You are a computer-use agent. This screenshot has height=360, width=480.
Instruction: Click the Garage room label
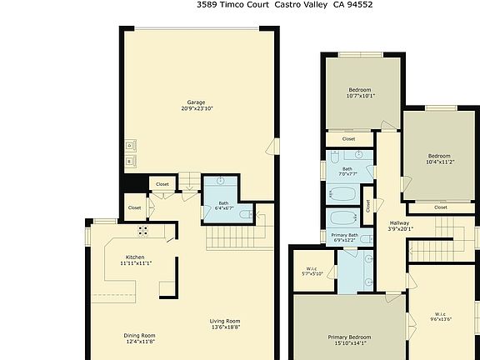click(195, 103)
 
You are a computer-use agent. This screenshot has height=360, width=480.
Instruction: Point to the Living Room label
click(224, 322)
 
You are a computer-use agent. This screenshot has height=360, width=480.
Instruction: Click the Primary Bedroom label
click(348, 337)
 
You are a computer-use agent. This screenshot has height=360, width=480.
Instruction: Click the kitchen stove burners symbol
click(142, 231)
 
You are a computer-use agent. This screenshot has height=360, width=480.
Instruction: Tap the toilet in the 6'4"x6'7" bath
click(246, 214)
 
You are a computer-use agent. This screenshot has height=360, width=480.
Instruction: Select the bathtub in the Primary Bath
click(342, 218)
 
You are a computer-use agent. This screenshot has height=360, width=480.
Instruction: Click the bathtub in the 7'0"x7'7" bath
click(342, 193)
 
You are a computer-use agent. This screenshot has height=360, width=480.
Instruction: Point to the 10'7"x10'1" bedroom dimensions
click(360, 95)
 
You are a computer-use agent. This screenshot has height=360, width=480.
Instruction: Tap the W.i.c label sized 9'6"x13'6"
click(440, 318)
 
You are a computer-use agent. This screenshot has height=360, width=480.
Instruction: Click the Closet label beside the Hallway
click(367, 206)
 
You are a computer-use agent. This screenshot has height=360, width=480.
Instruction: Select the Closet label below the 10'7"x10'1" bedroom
click(348, 139)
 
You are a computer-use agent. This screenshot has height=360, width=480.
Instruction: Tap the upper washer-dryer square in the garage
click(131, 145)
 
